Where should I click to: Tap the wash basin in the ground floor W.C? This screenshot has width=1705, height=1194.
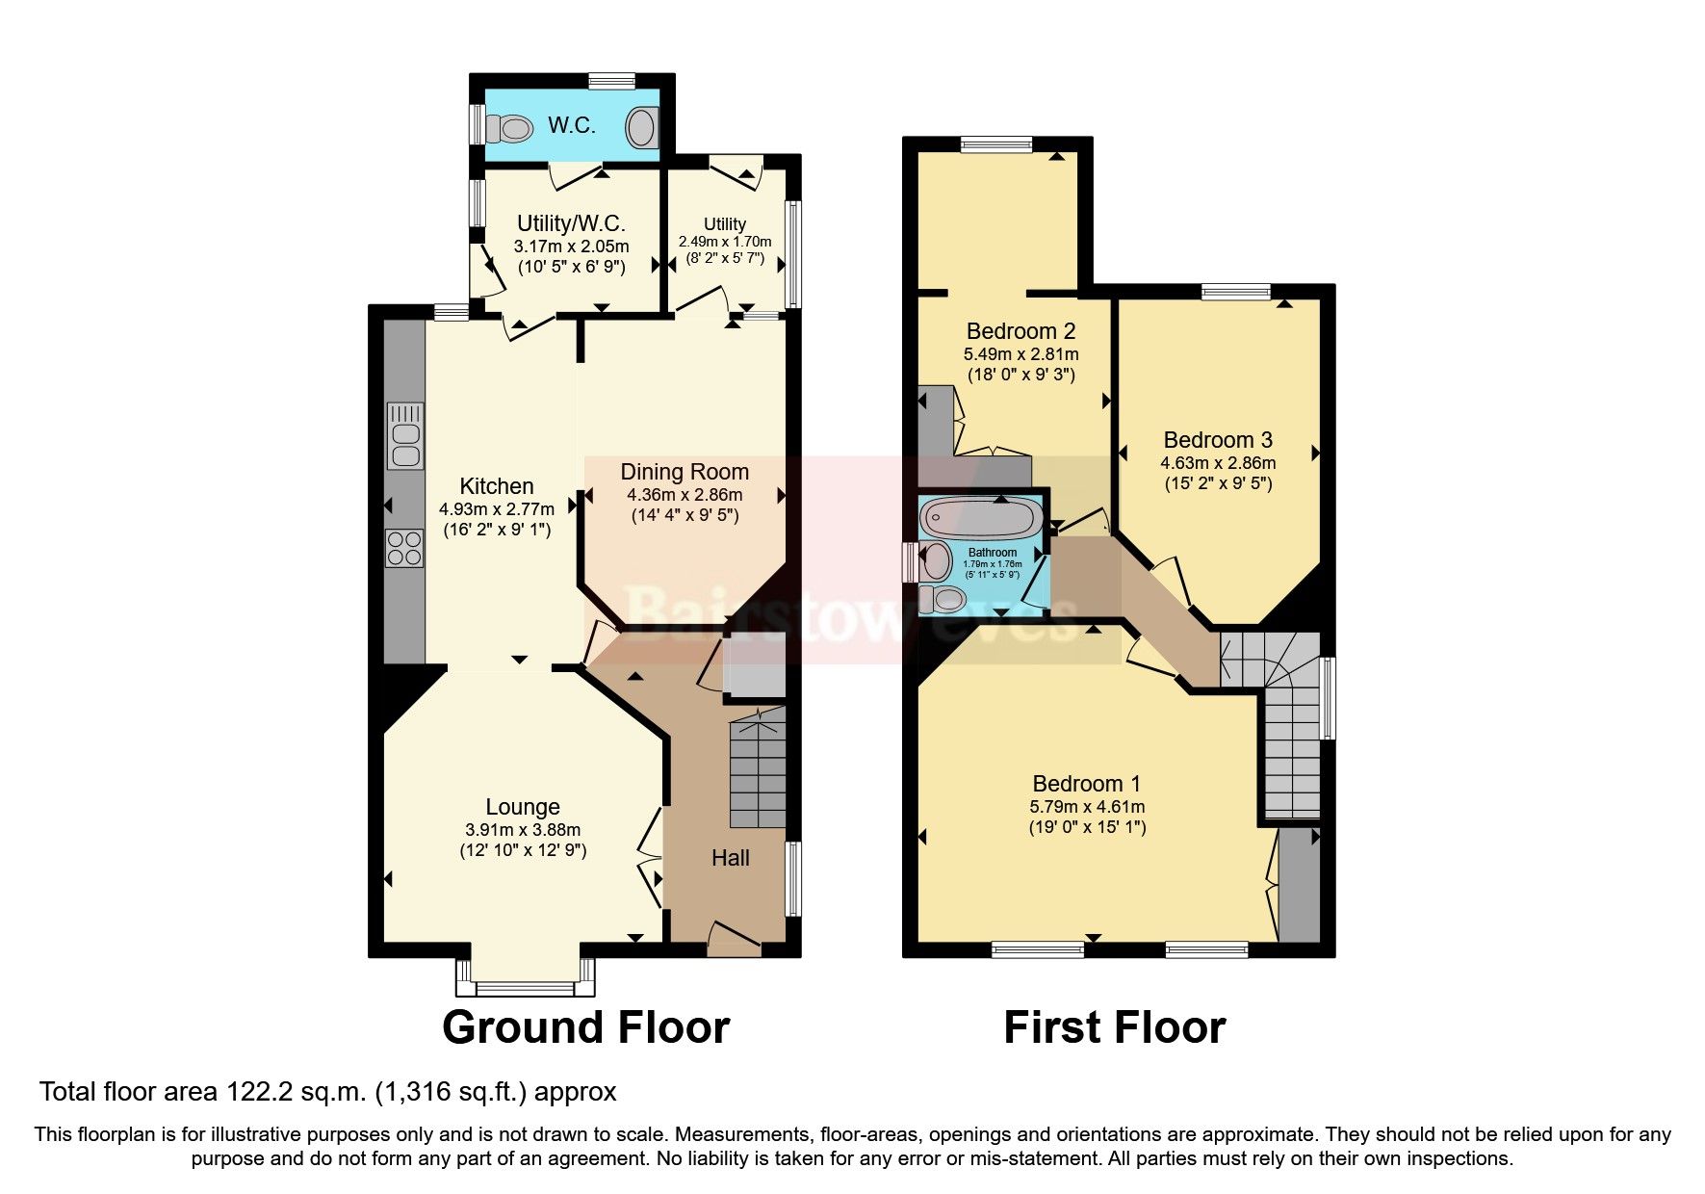(643, 127)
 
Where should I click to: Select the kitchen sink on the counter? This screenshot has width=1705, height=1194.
(405, 435)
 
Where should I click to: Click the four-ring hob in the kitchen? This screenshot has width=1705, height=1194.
(405, 548)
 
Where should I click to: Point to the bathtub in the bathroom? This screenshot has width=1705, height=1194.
(981, 518)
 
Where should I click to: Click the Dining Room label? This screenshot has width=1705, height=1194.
(685, 472)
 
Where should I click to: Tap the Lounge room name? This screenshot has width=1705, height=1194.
(523, 807)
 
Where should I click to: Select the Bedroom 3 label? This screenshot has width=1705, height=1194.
(1218, 440)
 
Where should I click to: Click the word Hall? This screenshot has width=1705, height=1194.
(731, 858)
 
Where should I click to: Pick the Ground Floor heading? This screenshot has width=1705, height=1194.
(585, 1027)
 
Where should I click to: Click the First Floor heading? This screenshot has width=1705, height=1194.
(1115, 1027)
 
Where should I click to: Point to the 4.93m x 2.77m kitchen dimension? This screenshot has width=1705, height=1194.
(497, 509)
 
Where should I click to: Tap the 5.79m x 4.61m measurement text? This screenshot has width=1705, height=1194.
(1088, 807)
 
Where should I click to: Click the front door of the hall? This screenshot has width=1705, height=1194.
(735, 939)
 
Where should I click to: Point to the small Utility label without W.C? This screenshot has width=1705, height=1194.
(725, 224)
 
